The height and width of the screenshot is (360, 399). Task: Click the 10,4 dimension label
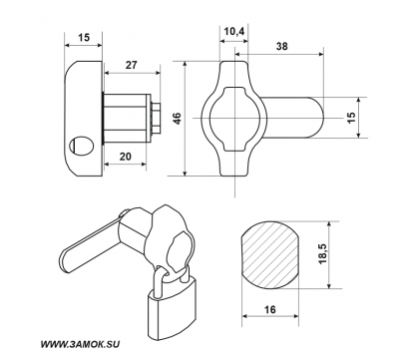[234, 32]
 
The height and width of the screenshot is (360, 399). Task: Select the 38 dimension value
[282, 46]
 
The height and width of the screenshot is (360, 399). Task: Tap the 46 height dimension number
[178, 119]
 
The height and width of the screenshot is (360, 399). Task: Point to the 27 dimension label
[131, 65]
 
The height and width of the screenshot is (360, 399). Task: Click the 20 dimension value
[126, 157]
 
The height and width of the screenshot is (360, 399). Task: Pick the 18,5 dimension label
[323, 254]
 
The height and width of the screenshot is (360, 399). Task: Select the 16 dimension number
[270, 309]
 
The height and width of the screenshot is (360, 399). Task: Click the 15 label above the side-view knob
[84, 37]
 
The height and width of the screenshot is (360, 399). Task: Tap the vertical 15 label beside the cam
[351, 117]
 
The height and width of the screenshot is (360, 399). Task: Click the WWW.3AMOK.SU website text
[80, 345]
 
